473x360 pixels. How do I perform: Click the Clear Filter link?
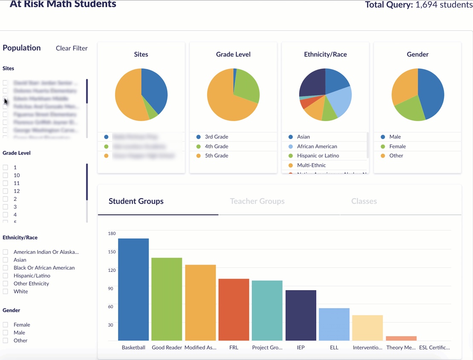[x=72, y=48]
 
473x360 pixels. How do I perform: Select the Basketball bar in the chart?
[x=133, y=290]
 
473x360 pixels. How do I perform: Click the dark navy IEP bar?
[x=301, y=315]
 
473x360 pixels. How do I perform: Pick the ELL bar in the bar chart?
[x=334, y=324]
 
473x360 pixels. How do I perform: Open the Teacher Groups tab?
[x=257, y=201]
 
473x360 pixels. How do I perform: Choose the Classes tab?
[x=364, y=201]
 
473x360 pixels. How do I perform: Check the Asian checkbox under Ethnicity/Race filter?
[x=6, y=260]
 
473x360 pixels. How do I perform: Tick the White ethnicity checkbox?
[x=6, y=291]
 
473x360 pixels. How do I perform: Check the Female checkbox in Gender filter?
[x=6, y=325]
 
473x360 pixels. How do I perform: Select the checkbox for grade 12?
[x=6, y=191]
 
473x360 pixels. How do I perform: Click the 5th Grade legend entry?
[x=216, y=156]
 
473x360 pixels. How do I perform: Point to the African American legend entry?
[x=317, y=146]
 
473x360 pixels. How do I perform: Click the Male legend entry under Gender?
[x=395, y=137]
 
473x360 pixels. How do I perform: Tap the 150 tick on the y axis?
[x=112, y=252]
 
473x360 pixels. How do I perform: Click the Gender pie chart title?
[x=418, y=55]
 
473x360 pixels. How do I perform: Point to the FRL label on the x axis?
[x=234, y=347]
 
